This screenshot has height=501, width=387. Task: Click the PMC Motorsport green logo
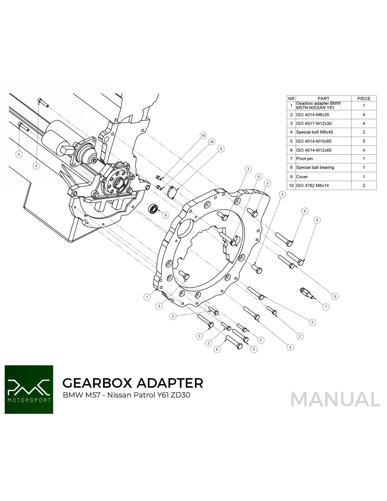pos(29,389)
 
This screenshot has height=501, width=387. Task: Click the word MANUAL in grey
pos(335,399)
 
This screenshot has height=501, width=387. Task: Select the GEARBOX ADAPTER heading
pos(133,383)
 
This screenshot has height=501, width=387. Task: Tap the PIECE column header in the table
pos(363,99)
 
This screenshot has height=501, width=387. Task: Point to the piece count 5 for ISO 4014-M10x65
pos(363,141)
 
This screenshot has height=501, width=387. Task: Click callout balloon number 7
pos(326,307)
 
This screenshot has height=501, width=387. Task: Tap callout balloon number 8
pos(166,215)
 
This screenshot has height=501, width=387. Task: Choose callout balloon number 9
pos(221,149)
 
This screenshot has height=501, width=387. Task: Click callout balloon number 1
pos(147,297)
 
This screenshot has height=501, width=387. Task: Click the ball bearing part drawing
pos(153,209)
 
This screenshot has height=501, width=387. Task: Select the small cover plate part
pos(172,192)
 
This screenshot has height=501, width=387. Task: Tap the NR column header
pos(291,99)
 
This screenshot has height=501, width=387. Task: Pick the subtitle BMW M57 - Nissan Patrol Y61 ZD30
pos(126,395)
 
